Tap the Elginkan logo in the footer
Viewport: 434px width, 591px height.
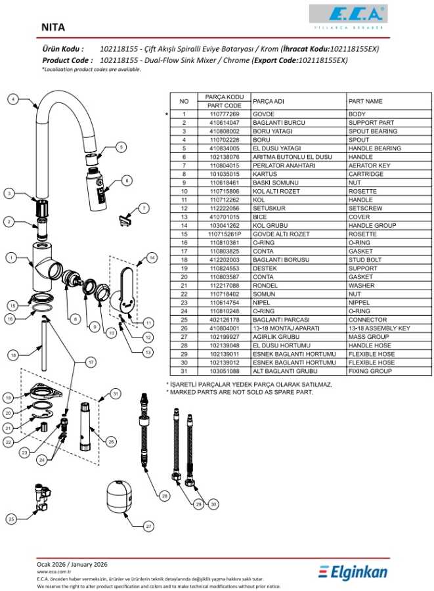click(353, 571)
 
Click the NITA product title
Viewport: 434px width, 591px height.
click(53, 28)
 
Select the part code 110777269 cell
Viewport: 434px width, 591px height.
click(225, 114)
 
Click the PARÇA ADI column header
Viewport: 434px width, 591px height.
click(269, 101)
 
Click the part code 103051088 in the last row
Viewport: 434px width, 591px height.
click(225, 371)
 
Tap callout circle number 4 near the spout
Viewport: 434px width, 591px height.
click(12, 99)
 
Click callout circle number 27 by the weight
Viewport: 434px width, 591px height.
click(148, 527)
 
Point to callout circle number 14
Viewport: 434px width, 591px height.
click(152, 258)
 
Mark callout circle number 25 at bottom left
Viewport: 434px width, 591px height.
click(11, 519)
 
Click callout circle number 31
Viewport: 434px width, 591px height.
click(116, 393)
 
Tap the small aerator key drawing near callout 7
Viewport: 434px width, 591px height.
click(123, 218)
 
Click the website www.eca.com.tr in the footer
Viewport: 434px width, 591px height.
click(54, 571)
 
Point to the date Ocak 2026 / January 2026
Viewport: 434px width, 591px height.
click(72, 564)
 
